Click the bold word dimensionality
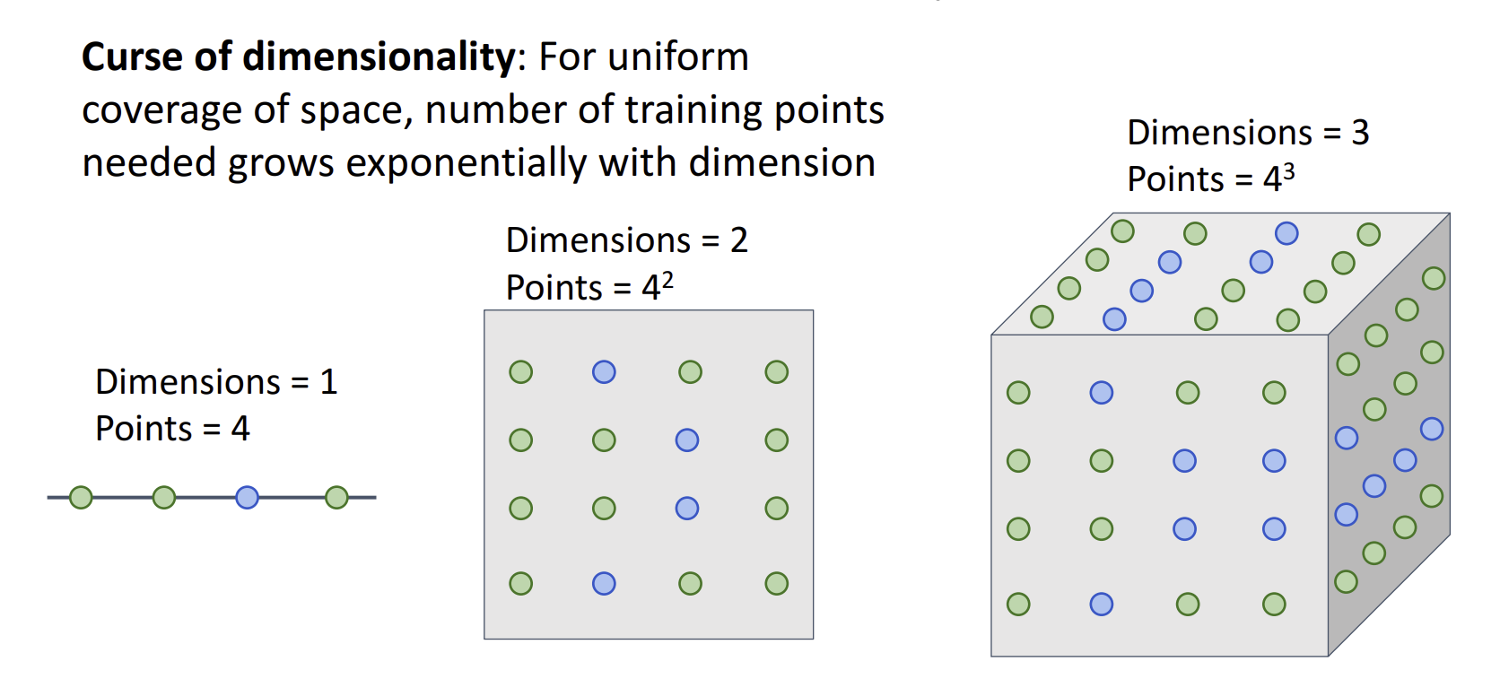pyautogui.click(x=378, y=57)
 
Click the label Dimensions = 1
pyautogui.click(x=216, y=382)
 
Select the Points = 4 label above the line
pyautogui.click(x=172, y=429)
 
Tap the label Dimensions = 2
pyautogui.click(x=626, y=240)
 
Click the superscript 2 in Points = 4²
pyautogui.click(x=667, y=281)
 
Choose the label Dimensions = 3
pyautogui.click(x=1248, y=133)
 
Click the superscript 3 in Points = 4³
pyautogui.click(x=1289, y=172)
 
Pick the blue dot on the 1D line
pyautogui.click(x=247, y=497)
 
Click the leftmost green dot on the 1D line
pyautogui.click(x=81, y=497)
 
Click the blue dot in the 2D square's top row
pyautogui.click(x=604, y=371)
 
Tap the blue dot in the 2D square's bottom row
pyautogui.click(x=604, y=584)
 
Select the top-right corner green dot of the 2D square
pyautogui.click(x=776, y=371)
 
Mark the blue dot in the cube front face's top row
pyautogui.click(x=1101, y=392)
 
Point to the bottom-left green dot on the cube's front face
pyautogui.click(x=1018, y=604)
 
